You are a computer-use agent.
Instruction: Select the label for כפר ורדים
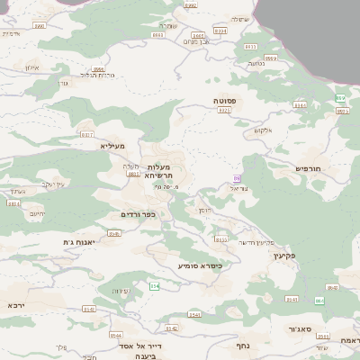[139, 214]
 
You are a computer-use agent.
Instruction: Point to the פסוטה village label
[225, 101]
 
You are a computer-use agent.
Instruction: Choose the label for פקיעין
[305, 256]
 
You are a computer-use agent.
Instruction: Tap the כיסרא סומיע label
[200, 265]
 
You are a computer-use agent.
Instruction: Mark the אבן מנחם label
[196, 41]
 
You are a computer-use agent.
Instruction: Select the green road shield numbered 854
[154, 286]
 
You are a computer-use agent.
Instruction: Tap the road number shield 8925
[224, 110]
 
